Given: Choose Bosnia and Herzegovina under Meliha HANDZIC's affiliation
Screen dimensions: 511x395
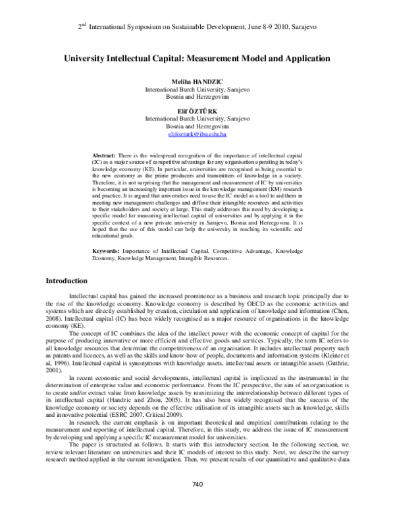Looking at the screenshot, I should pyautogui.click(x=197, y=95).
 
